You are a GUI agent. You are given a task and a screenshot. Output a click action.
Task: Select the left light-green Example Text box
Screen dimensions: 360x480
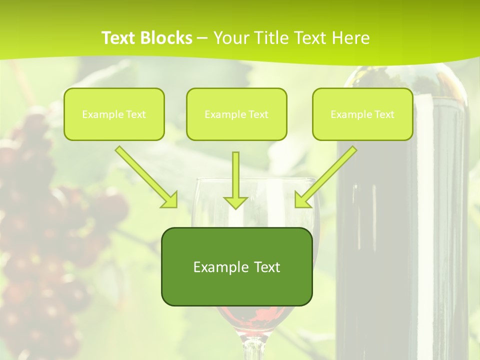coord(114,114)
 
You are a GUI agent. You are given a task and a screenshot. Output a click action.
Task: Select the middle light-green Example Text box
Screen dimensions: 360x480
coord(236,114)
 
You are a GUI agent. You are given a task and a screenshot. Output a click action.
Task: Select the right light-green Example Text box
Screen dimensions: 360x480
coord(362,114)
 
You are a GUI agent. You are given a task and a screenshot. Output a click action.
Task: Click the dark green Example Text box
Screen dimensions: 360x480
coord(236,266)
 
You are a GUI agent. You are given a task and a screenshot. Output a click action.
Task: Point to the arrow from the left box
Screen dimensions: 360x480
coord(145,176)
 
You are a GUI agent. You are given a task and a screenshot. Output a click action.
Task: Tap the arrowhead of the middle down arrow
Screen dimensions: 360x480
coord(235,202)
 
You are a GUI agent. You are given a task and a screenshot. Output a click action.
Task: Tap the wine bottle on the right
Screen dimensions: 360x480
coord(400,225)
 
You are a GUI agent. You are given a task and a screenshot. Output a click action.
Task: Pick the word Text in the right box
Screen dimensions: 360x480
coord(384,114)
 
